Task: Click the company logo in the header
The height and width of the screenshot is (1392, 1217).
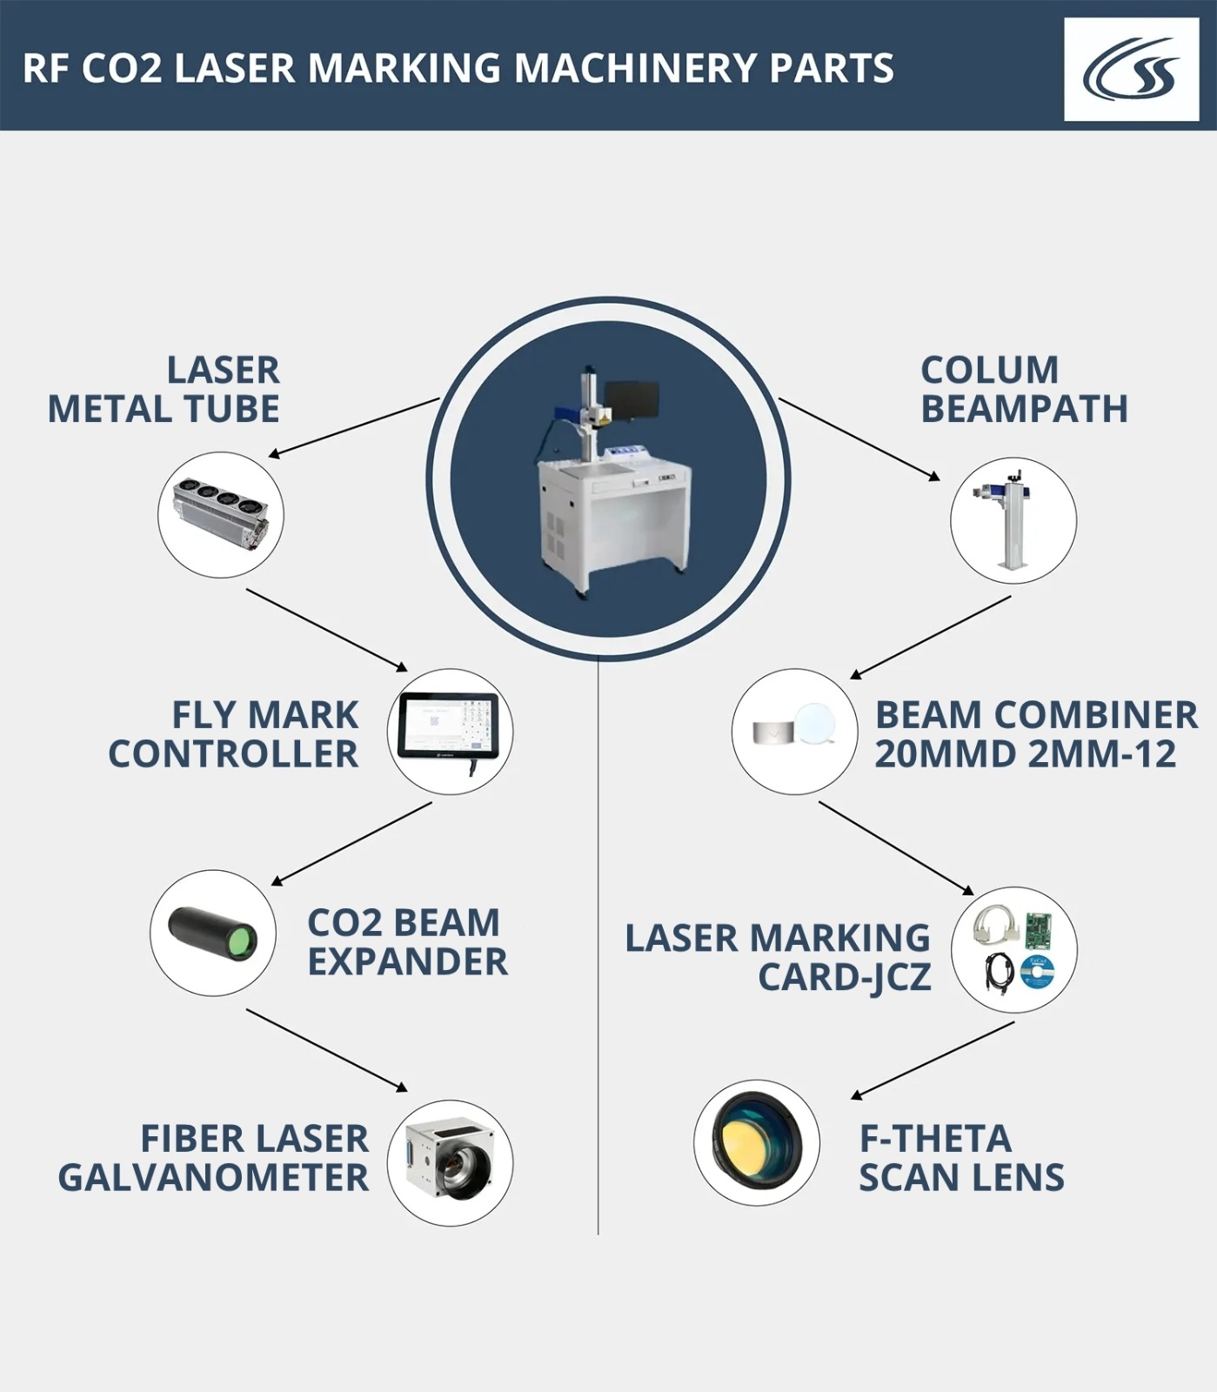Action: (1131, 70)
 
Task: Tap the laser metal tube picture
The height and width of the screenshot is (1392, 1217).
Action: (221, 514)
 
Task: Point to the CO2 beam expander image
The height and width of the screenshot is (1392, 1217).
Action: (213, 933)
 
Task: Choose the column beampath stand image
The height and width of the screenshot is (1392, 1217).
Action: (1013, 520)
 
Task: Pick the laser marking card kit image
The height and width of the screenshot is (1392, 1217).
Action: (1014, 950)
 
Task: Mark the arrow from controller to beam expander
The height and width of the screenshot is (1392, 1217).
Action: (351, 844)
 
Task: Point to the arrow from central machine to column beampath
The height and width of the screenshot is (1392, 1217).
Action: (859, 439)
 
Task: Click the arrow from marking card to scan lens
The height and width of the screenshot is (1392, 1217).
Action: (933, 1061)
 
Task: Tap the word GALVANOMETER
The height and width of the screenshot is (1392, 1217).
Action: (213, 1178)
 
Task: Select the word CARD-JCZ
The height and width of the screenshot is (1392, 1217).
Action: (845, 978)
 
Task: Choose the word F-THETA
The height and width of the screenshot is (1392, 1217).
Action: (935, 1139)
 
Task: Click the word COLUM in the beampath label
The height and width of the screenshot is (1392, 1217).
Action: (990, 371)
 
